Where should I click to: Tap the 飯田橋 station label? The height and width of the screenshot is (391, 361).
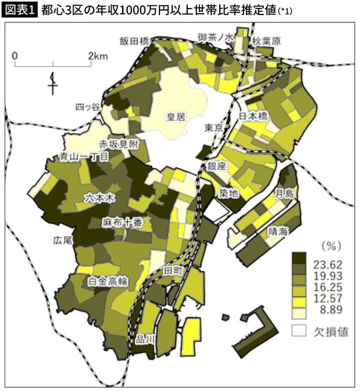click(135, 40)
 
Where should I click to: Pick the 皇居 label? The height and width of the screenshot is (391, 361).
click(176, 117)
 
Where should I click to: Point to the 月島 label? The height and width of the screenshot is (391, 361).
click(284, 193)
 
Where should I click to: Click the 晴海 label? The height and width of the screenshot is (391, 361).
click(279, 231)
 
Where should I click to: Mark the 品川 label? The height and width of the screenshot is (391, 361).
click(143, 339)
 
